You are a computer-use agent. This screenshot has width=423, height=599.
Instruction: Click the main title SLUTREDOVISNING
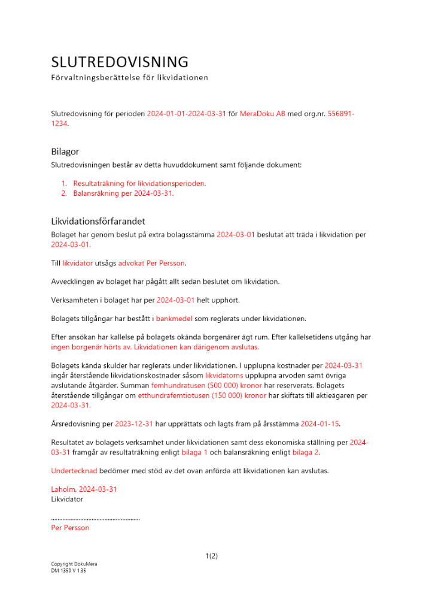tap(120, 62)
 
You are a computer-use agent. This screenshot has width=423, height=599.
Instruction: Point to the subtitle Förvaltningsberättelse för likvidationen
tap(129, 78)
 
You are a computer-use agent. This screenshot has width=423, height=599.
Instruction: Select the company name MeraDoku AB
tap(262, 114)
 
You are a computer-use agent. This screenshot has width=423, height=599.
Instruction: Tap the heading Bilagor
tap(65, 152)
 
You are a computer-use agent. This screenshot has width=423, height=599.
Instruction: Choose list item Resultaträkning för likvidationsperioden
tap(139, 183)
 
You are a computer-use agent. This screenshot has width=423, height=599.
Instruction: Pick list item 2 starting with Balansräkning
tap(123, 193)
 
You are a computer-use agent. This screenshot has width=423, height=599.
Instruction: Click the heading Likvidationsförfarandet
tap(98, 222)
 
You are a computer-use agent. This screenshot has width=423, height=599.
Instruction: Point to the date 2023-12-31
tap(133, 424)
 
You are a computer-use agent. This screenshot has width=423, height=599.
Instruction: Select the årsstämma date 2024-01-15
tap(319, 424)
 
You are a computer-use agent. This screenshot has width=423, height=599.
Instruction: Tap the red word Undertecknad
tap(70, 471)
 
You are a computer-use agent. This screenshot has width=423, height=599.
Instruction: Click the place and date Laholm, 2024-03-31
tap(84, 489)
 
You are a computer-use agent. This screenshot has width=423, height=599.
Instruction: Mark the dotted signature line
tap(95, 518)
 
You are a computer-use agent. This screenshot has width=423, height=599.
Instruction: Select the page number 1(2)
tap(211, 556)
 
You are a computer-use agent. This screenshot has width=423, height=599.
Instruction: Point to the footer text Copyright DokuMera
tap(74, 564)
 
